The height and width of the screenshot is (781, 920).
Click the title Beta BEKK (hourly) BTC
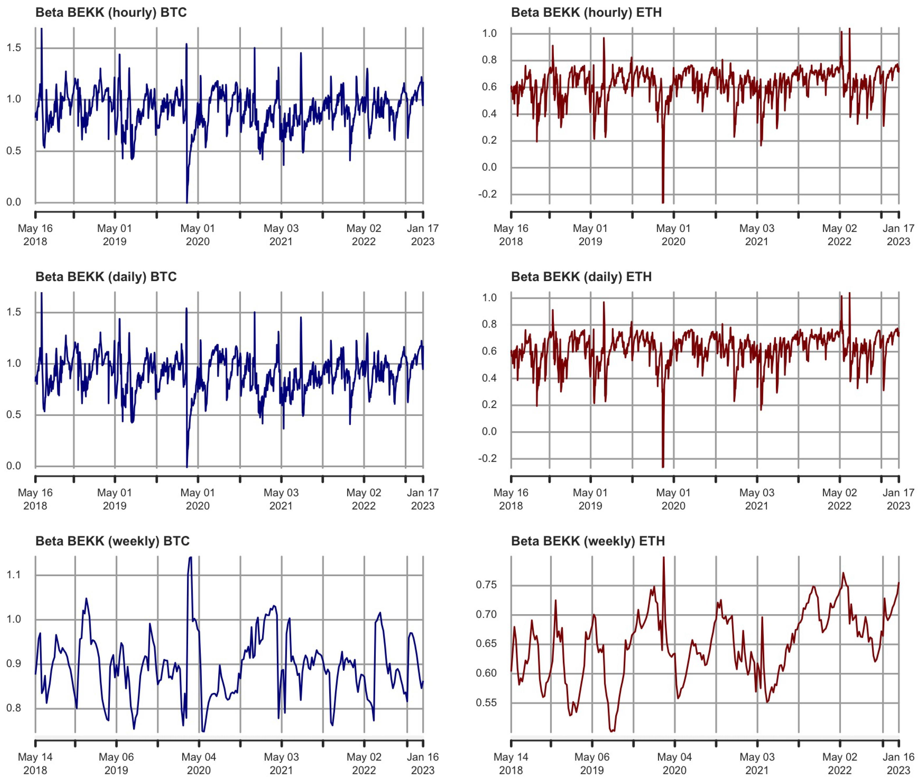[x=111, y=12]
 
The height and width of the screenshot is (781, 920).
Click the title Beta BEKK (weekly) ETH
[x=587, y=541]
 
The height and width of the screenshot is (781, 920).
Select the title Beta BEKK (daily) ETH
[x=581, y=277]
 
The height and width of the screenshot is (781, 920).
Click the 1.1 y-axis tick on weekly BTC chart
[x=13, y=575]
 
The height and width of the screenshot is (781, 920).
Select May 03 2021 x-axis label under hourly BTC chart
[x=281, y=235]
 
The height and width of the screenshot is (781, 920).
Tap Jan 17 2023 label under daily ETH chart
[x=898, y=499]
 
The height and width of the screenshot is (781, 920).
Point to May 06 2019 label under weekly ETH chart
[x=591, y=763]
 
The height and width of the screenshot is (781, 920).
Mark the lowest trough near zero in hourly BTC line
[x=187, y=202]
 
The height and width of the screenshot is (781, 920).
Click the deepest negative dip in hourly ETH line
[x=663, y=202]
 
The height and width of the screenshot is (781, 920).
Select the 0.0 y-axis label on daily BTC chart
[x=13, y=466]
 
